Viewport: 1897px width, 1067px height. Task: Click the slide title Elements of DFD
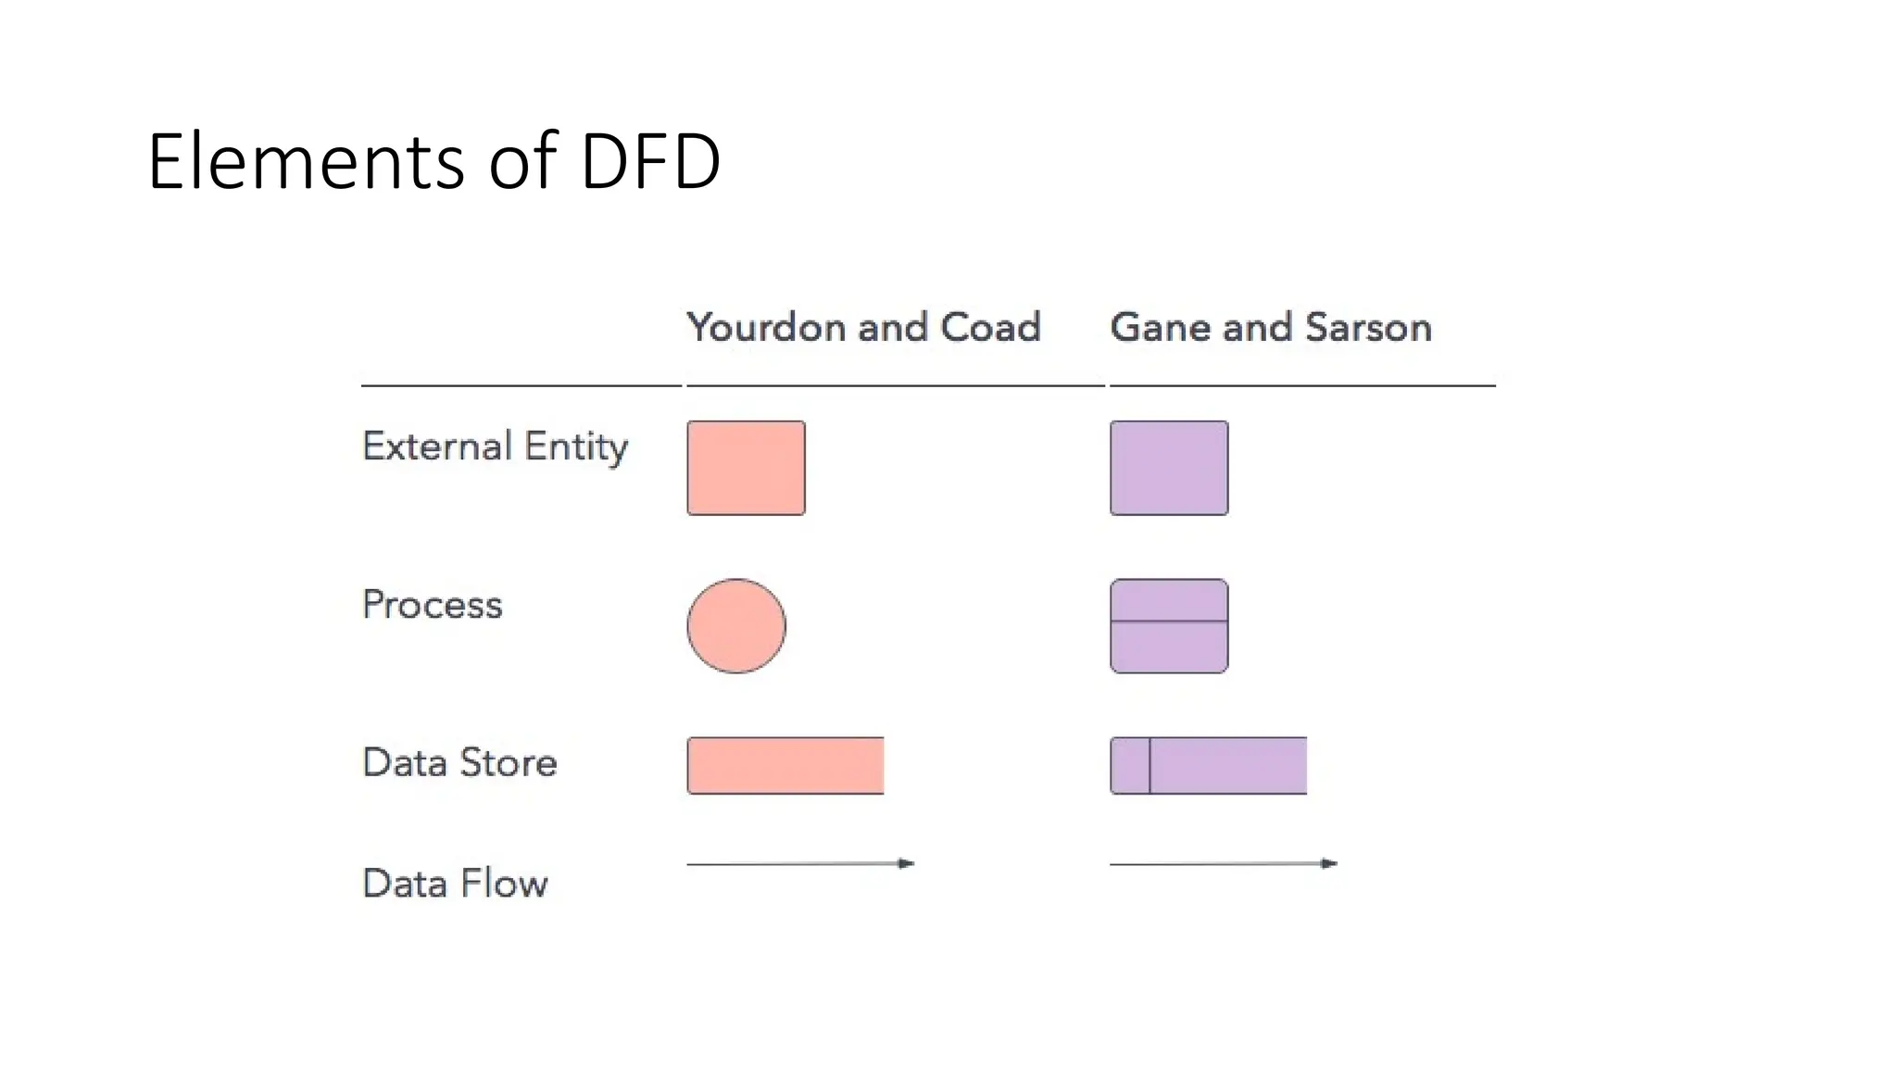point(433,161)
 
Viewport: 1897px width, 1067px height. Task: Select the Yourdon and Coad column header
point(863,327)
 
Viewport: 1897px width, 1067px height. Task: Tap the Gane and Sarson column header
point(1271,327)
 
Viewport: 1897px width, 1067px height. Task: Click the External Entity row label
point(495,447)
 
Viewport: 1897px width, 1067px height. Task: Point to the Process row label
point(432,605)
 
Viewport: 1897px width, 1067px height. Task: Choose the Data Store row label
point(459,762)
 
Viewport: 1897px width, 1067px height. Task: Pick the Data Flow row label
point(455,884)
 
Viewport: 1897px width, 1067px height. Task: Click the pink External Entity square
point(746,468)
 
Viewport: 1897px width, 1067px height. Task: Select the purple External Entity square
point(1169,468)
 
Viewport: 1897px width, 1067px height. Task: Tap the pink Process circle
point(736,626)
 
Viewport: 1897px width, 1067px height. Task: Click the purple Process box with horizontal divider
point(1169,626)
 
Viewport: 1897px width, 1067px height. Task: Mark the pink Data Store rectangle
point(785,766)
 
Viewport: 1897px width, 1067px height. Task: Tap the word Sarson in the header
point(1368,327)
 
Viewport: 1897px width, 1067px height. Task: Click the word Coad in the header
point(990,327)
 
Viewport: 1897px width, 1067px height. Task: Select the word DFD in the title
point(650,161)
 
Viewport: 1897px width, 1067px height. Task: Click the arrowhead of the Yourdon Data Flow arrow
point(907,863)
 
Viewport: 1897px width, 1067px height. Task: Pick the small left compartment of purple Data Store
point(1130,766)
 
